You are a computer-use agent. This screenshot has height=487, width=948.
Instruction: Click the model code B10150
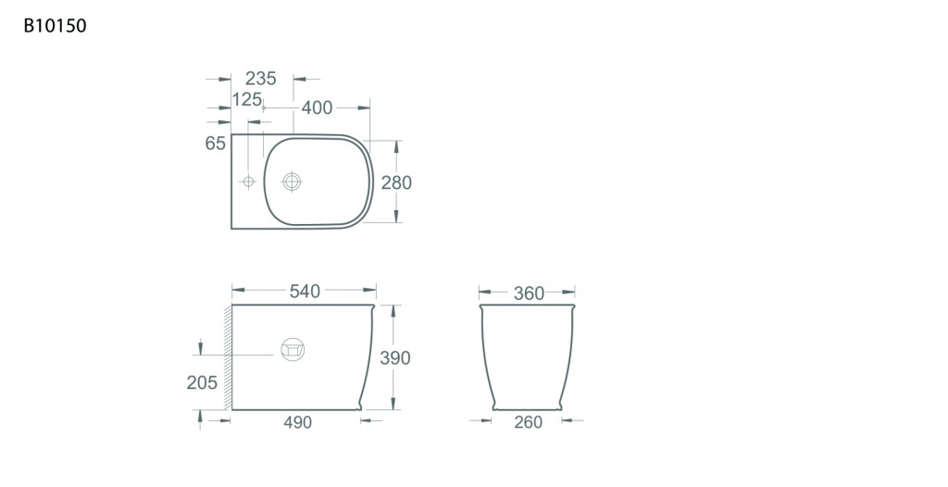coord(55,25)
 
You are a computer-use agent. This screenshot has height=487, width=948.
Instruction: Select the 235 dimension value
coord(261,78)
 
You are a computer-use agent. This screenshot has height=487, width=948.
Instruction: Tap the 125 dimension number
coord(247,99)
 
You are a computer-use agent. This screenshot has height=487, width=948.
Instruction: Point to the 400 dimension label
coord(317,107)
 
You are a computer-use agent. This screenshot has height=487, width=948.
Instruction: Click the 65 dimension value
coord(215,144)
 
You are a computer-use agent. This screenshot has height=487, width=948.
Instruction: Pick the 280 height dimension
coord(396,182)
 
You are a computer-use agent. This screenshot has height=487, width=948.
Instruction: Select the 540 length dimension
coord(305,291)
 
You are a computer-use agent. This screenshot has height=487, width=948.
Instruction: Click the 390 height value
coord(394,358)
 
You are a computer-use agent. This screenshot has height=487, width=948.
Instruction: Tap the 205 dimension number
coord(202,382)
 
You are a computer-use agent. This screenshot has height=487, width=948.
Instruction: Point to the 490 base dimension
coord(297,422)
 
